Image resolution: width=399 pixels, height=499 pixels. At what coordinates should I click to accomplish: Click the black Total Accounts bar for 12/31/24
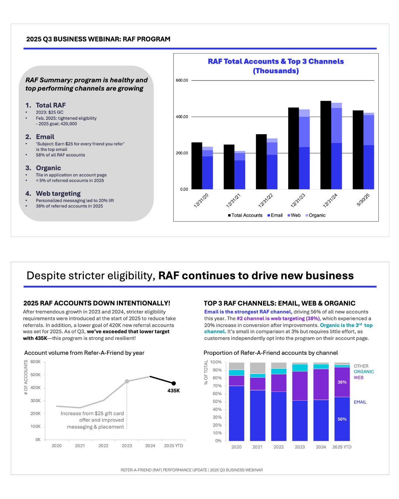pyautogui.click(x=325, y=145)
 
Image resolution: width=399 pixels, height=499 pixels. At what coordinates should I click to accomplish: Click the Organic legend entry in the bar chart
pyautogui.click(x=317, y=215)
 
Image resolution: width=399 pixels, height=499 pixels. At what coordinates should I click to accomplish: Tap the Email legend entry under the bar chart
pyautogui.click(x=276, y=215)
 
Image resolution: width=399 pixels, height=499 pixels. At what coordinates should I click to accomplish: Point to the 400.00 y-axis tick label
pyautogui.click(x=182, y=117)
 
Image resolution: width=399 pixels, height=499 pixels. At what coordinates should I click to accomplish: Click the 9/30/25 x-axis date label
pyautogui.click(x=363, y=200)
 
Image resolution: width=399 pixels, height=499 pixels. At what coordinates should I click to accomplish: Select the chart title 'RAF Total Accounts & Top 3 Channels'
pyautogui.click(x=276, y=61)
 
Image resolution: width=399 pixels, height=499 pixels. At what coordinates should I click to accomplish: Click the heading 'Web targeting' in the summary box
pyautogui.click(x=58, y=193)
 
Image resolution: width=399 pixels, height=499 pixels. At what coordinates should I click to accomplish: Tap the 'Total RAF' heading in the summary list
pyautogui.click(x=51, y=105)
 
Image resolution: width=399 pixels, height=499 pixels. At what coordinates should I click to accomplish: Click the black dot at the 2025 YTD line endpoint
pyautogui.click(x=174, y=383)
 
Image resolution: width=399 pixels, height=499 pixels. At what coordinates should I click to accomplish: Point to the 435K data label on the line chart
pyautogui.click(x=174, y=391)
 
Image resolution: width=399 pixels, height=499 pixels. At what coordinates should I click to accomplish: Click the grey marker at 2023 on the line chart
pyautogui.click(x=127, y=381)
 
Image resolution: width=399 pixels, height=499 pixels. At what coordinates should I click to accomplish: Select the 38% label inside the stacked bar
pyautogui.click(x=342, y=382)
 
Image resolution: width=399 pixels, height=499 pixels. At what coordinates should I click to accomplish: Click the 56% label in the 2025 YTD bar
pyautogui.click(x=342, y=419)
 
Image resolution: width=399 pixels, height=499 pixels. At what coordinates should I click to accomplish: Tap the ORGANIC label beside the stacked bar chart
pyautogui.click(x=364, y=372)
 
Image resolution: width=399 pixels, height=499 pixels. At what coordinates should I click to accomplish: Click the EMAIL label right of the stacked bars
pyautogui.click(x=360, y=402)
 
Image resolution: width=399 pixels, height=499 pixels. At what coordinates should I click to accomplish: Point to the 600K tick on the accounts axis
pyautogui.click(x=35, y=362)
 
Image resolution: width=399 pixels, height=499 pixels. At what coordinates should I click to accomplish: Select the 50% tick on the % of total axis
pyautogui.click(x=217, y=401)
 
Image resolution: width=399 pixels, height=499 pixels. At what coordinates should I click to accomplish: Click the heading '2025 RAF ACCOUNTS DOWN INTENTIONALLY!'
pyautogui.click(x=97, y=303)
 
